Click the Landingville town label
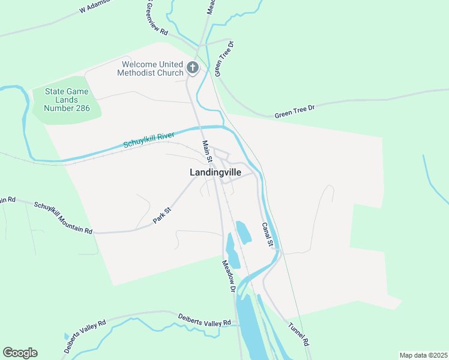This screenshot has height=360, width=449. (215, 172)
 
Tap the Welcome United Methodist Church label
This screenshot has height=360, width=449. (152, 69)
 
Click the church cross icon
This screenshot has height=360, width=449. (192, 68)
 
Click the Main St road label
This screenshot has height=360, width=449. (207, 151)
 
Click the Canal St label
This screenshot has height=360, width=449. (267, 235)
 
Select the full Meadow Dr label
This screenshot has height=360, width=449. (228, 275)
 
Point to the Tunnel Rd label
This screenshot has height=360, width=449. (298, 334)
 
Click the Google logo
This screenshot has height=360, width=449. (20, 353)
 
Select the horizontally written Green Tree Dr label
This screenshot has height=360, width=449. (295, 111)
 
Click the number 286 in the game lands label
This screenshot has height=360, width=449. (79, 109)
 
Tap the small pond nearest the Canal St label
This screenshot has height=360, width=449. (243, 233)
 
